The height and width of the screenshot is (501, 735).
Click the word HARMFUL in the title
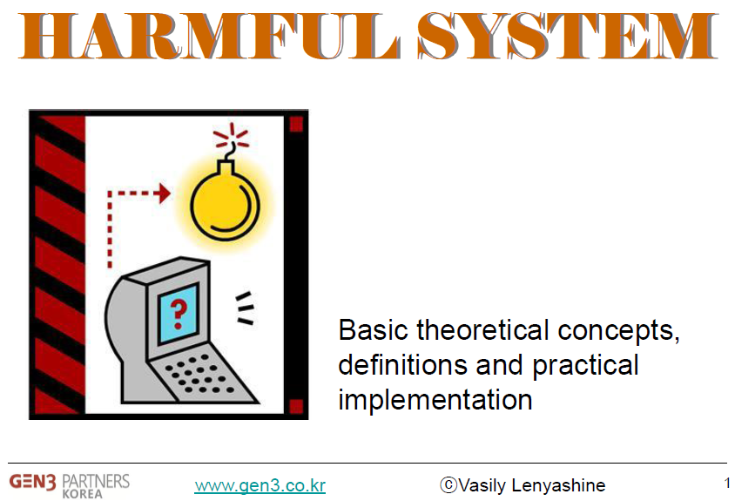[209, 36]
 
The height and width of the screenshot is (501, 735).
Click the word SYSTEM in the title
[568, 36]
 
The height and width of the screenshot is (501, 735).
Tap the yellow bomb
[225, 200]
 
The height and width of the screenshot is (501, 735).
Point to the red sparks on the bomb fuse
[231, 135]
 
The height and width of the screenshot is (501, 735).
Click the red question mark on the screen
[179, 314]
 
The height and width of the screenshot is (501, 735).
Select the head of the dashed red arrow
[164, 193]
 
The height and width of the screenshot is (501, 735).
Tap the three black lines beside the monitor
[246, 308]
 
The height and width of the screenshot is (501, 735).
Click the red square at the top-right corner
[296, 125]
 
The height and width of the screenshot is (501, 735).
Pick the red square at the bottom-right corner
[296, 406]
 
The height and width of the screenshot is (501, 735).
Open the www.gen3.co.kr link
[260, 485]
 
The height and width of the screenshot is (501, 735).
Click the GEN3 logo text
[33, 482]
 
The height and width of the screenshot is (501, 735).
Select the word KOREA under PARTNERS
[82, 494]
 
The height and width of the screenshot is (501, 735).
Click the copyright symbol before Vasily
[448, 484]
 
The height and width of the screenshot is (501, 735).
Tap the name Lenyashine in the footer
[558, 485]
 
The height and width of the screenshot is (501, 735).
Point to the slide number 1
[727, 483]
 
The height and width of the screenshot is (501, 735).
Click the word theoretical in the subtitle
[482, 329]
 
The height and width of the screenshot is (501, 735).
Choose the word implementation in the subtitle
[435, 400]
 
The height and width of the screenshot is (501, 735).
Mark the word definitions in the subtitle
[403, 365]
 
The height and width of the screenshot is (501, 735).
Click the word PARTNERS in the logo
[96, 481]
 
